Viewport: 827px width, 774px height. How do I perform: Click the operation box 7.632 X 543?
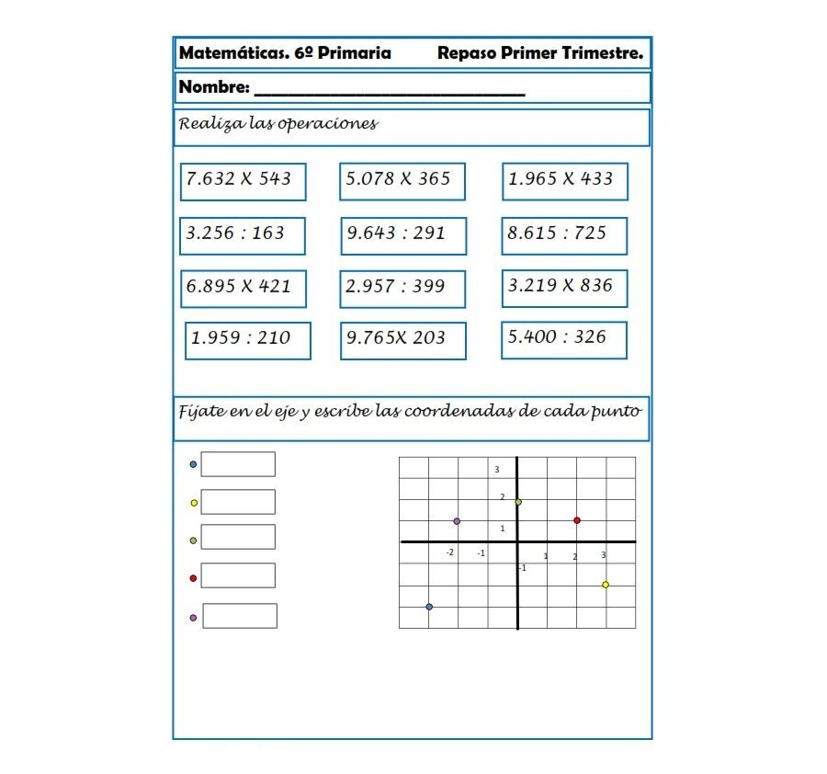pyautogui.click(x=244, y=181)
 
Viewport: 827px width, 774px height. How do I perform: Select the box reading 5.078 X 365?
pyautogui.click(x=402, y=181)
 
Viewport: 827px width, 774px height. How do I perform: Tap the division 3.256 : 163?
pyautogui.click(x=243, y=235)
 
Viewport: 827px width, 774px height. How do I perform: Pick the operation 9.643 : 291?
pyautogui.click(x=402, y=235)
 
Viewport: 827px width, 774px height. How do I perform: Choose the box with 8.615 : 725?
pyautogui.click(x=564, y=235)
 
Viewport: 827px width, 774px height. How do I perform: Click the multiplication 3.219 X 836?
pyautogui.click(x=564, y=288)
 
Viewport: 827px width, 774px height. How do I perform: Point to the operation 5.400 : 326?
pyautogui.click(x=564, y=339)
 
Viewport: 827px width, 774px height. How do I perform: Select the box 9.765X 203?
pyautogui.click(x=402, y=340)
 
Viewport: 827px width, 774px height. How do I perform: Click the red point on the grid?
pyautogui.click(x=577, y=520)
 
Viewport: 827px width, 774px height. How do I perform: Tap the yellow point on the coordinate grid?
pyautogui.click(x=606, y=585)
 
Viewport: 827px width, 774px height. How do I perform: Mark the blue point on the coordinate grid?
pyautogui.click(x=429, y=607)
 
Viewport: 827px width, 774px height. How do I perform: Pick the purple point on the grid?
pyautogui.click(x=457, y=521)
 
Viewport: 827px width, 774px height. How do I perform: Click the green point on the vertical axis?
pyautogui.click(x=518, y=502)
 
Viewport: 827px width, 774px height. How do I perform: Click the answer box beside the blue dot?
pyautogui.click(x=238, y=464)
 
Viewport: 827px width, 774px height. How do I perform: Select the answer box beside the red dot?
pyautogui.click(x=238, y=575)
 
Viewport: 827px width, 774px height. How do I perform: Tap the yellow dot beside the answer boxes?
pyautogui.click(x=193, y=503)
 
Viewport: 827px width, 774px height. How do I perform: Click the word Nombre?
pyautogui.click(x=213, y=88)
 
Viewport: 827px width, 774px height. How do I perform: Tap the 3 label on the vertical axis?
pyautogui.click(x=497, y=470)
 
